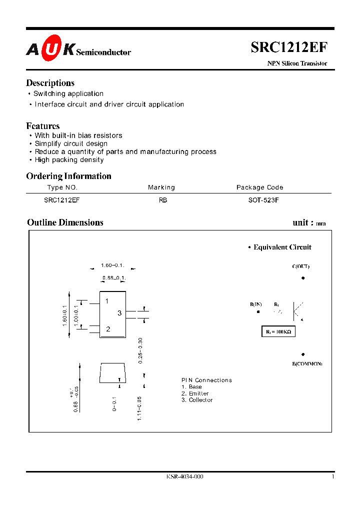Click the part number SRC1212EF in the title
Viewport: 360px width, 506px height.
click(x=289, y=47)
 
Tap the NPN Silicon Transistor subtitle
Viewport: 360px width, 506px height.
click(x=295, y=63)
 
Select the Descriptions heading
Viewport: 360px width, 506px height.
click(x=50, y=83)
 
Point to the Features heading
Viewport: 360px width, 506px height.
click(x=43, y=126)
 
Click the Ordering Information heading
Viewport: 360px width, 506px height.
click(x=68, y=176)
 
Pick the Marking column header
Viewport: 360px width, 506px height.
click(x=161, y=187)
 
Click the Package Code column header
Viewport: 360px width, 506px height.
click(x=259, y=187)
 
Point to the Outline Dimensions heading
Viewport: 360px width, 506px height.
click(x=65, y=222)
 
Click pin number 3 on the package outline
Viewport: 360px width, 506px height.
click(x=119, y=313)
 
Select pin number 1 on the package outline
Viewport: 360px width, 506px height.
click(x=107, y=301)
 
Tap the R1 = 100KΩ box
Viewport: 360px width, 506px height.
click(x=278, y=331)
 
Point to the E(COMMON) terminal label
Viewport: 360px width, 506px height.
click(x=307, y=363)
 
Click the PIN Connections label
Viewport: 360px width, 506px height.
click(x=206, y=380)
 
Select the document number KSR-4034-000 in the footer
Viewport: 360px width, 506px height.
click(x=184, y=476)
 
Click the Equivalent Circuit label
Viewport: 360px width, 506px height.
click(x=282, y=247)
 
